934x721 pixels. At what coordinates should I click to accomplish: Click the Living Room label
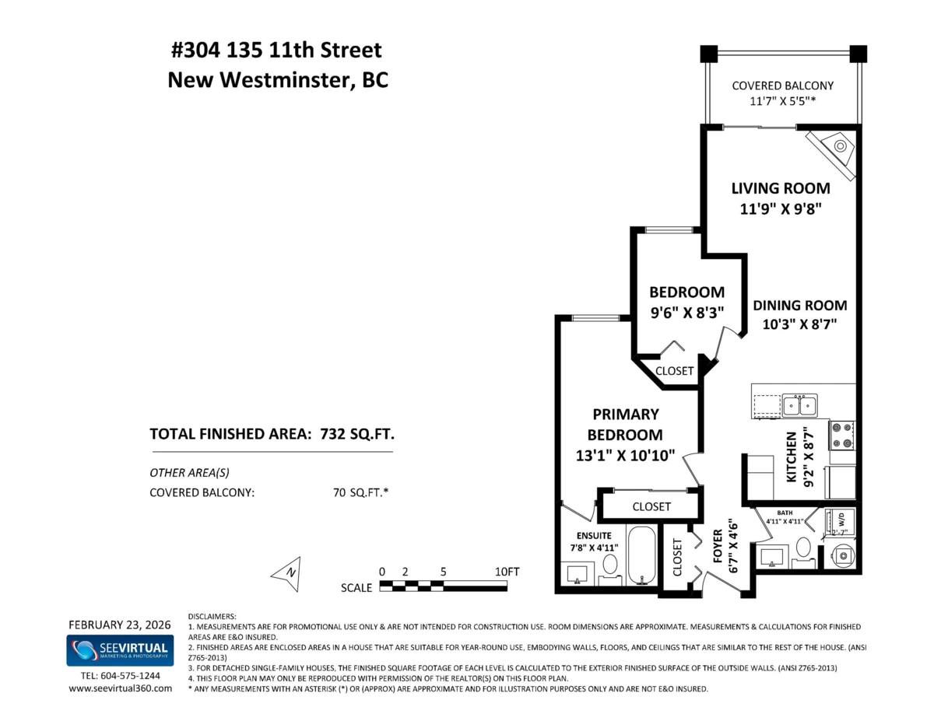click(780, 188)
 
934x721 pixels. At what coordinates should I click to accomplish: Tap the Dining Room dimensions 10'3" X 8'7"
click(799, 325)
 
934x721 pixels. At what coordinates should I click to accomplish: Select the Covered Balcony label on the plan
click(782, 86)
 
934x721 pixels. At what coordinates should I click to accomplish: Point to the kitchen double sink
click(799, 405)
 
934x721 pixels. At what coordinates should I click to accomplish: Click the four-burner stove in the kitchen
click(841, 436)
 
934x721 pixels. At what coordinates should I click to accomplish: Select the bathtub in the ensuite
click(641, 555)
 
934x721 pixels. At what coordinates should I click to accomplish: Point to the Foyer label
click(718, 547)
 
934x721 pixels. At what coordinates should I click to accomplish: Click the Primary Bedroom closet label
click(651, 506)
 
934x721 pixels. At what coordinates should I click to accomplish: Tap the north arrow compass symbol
click(286, 572)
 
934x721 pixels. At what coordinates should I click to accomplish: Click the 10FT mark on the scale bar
click(507, 571)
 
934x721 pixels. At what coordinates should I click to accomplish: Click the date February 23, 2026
click(119, 625)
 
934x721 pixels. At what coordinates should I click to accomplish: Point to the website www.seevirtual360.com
click(120, 688)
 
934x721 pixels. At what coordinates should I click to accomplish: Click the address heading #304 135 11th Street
click(276, 51)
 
